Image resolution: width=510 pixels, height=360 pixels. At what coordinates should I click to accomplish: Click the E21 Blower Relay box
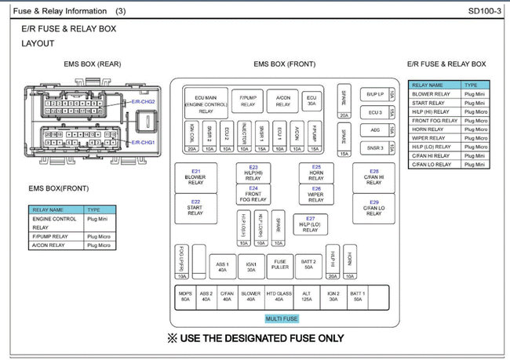pos(195,176)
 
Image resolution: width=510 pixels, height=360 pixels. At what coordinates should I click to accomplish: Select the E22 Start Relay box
pos(195,207)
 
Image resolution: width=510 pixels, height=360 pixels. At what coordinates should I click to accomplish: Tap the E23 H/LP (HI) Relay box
pos(253,173)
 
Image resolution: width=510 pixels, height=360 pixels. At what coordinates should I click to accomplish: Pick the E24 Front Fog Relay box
pos(253,194)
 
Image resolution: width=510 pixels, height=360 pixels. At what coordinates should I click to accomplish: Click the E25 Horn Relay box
pos(316,173)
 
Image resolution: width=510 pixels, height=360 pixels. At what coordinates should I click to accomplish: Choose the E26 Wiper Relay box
pos(316,194)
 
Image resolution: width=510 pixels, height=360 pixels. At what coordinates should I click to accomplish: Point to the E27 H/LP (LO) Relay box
pos(311,224)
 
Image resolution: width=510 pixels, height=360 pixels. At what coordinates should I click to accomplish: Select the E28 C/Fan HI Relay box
pos(373,176)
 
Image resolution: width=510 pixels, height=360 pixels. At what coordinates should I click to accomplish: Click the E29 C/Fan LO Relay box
pos(373,207)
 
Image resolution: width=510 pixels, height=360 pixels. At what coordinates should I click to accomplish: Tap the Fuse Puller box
pos(280,266)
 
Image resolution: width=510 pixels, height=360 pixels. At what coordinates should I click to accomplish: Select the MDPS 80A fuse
pos(185,296)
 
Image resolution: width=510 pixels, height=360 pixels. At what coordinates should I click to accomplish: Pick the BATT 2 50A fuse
pos(308,266)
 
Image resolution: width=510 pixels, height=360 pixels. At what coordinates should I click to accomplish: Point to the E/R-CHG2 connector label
pos(143,102)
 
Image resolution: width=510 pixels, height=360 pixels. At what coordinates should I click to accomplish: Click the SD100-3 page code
pos(484,12)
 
